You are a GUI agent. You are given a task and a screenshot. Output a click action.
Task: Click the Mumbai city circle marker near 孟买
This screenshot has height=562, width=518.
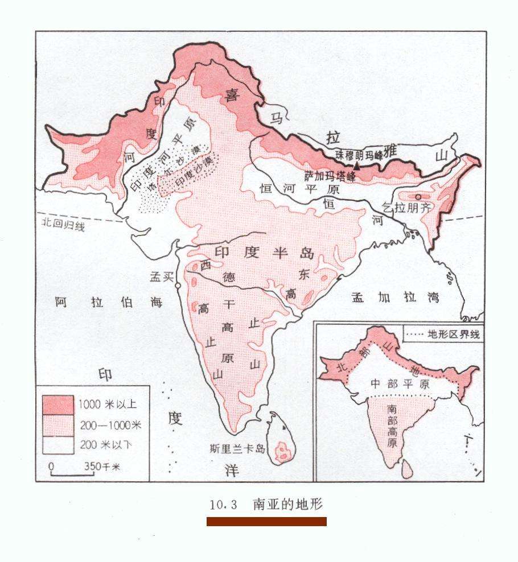[x=178, y=286]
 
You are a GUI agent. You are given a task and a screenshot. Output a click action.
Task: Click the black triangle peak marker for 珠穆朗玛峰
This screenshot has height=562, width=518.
[x=357, y=166]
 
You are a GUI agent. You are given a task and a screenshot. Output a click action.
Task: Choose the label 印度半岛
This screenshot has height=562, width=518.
[x=264, y=253]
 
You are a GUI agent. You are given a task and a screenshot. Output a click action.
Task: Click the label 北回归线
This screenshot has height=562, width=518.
[x=63, y=226]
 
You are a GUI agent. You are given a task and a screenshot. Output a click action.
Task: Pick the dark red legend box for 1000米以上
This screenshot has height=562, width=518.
[x=57, y=404]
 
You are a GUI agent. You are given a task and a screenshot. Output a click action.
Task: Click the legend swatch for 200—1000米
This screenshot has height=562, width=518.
[x=57, y=424]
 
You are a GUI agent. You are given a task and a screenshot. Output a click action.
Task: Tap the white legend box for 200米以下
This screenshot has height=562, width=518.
[x=57, y=444]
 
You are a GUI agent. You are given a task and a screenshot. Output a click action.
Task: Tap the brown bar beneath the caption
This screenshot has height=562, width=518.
[x=266, y=522]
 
